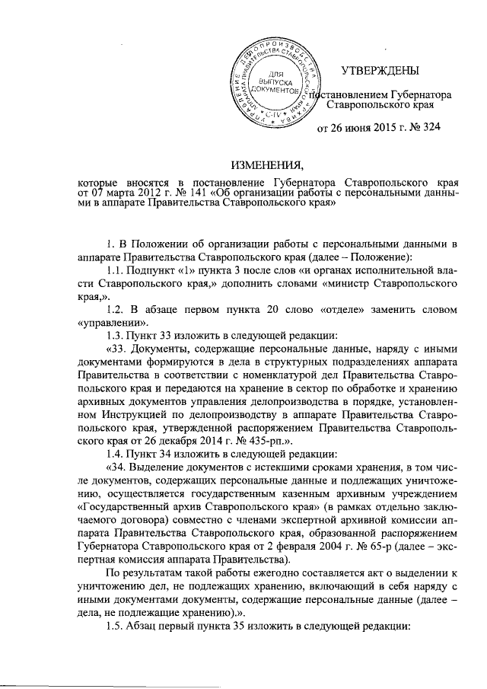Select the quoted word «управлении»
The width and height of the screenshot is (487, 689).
click(113, 322)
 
